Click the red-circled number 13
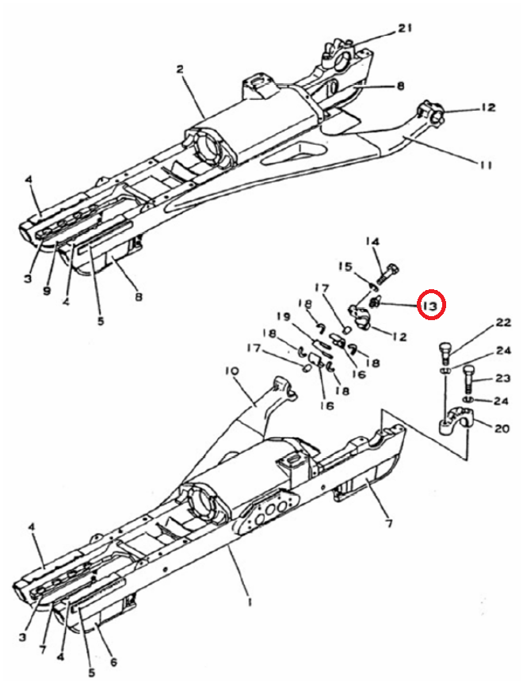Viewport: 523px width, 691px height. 431,305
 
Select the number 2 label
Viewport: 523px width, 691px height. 180,70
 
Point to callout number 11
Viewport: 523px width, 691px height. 485,165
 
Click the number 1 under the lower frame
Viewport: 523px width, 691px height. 250,602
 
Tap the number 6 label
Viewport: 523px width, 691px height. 113,662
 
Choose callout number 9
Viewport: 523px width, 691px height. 47,292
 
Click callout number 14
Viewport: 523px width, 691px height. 372,242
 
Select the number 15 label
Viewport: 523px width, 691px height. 345,266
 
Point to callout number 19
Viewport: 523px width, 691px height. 284,316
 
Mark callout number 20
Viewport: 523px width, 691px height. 502,428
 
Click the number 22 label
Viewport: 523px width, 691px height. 503,323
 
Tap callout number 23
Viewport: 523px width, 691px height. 502,378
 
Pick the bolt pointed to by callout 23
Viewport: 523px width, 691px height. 468,379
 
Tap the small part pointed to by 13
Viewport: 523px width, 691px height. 374,303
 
